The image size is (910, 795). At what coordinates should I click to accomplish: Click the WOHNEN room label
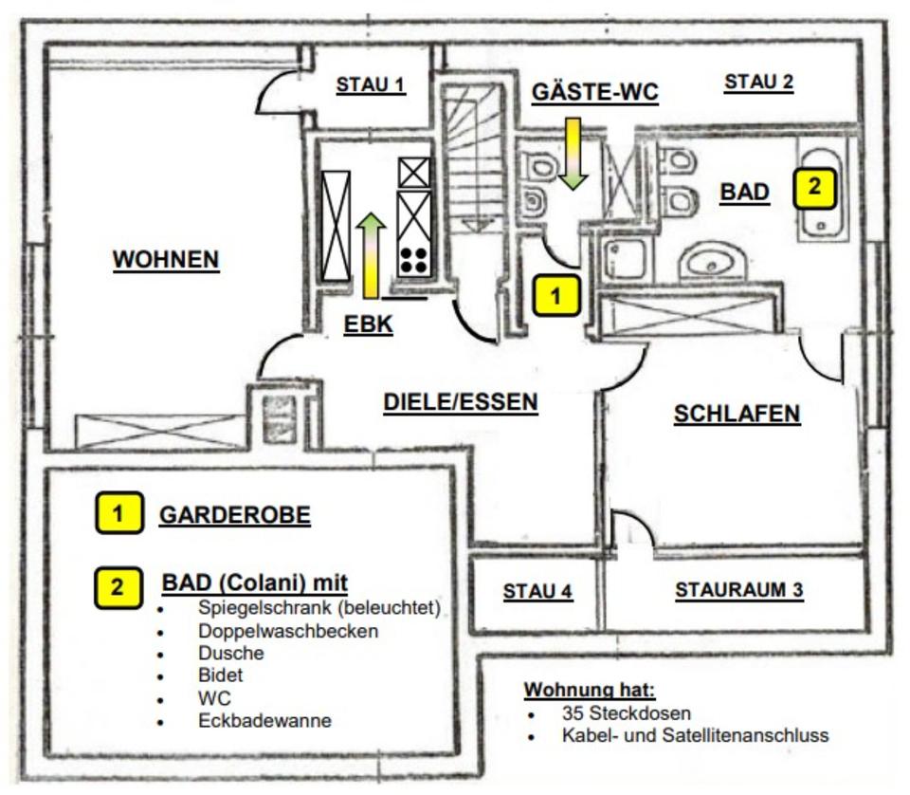pos(166,259)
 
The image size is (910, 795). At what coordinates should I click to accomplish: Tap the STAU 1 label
pos(371,84)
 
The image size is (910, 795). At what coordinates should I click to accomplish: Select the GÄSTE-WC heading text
pos(594,92)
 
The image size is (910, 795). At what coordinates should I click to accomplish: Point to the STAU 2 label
pos(758,83)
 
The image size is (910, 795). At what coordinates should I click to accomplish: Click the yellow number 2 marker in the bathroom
pos(814,187)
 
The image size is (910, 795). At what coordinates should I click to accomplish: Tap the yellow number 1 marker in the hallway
pos(556,295)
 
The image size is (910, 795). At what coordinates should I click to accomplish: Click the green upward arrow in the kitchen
pos(371,253)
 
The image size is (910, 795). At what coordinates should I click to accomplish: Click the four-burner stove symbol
pos(413,259)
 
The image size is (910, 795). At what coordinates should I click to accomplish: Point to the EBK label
pos(368,324)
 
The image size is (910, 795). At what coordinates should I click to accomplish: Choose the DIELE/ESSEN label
pos(460,401)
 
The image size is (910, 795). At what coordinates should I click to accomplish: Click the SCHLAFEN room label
pos(737,414)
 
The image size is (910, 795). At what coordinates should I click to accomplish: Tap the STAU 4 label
pos(537,591)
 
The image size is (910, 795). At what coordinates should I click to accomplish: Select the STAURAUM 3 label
pos(738,590)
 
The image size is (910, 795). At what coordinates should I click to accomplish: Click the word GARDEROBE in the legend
pos(234,515)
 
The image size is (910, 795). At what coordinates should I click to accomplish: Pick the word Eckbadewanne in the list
pos(264,721)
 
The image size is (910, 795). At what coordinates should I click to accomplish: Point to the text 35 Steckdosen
pos(626,712)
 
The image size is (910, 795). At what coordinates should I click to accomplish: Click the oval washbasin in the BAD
pos(709,263)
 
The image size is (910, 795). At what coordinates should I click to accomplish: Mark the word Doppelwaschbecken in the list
pos(288,630)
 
